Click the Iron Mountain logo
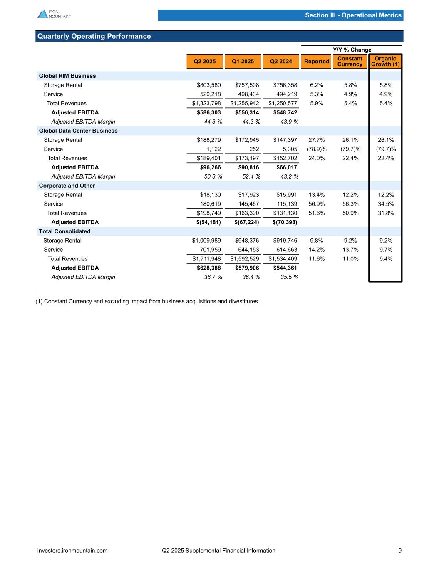click(54, 14)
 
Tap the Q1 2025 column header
click(242, 62)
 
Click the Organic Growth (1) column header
click(385, 62)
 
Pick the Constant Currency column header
click(350, 62)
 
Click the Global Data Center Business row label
click(78, 131)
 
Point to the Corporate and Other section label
click(67, 186)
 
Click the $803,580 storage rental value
click(209, 85)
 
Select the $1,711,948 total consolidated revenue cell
click(206, 259)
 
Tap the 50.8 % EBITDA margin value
click(211, 176)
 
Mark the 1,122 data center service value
click(213, 149)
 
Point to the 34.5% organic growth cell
click(385, 204)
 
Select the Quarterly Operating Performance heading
click(94, 36)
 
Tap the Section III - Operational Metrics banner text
click(353, 15)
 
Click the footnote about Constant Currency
click(147, 301)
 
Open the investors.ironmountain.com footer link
click(72, 551)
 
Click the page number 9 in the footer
click(400, 551)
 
